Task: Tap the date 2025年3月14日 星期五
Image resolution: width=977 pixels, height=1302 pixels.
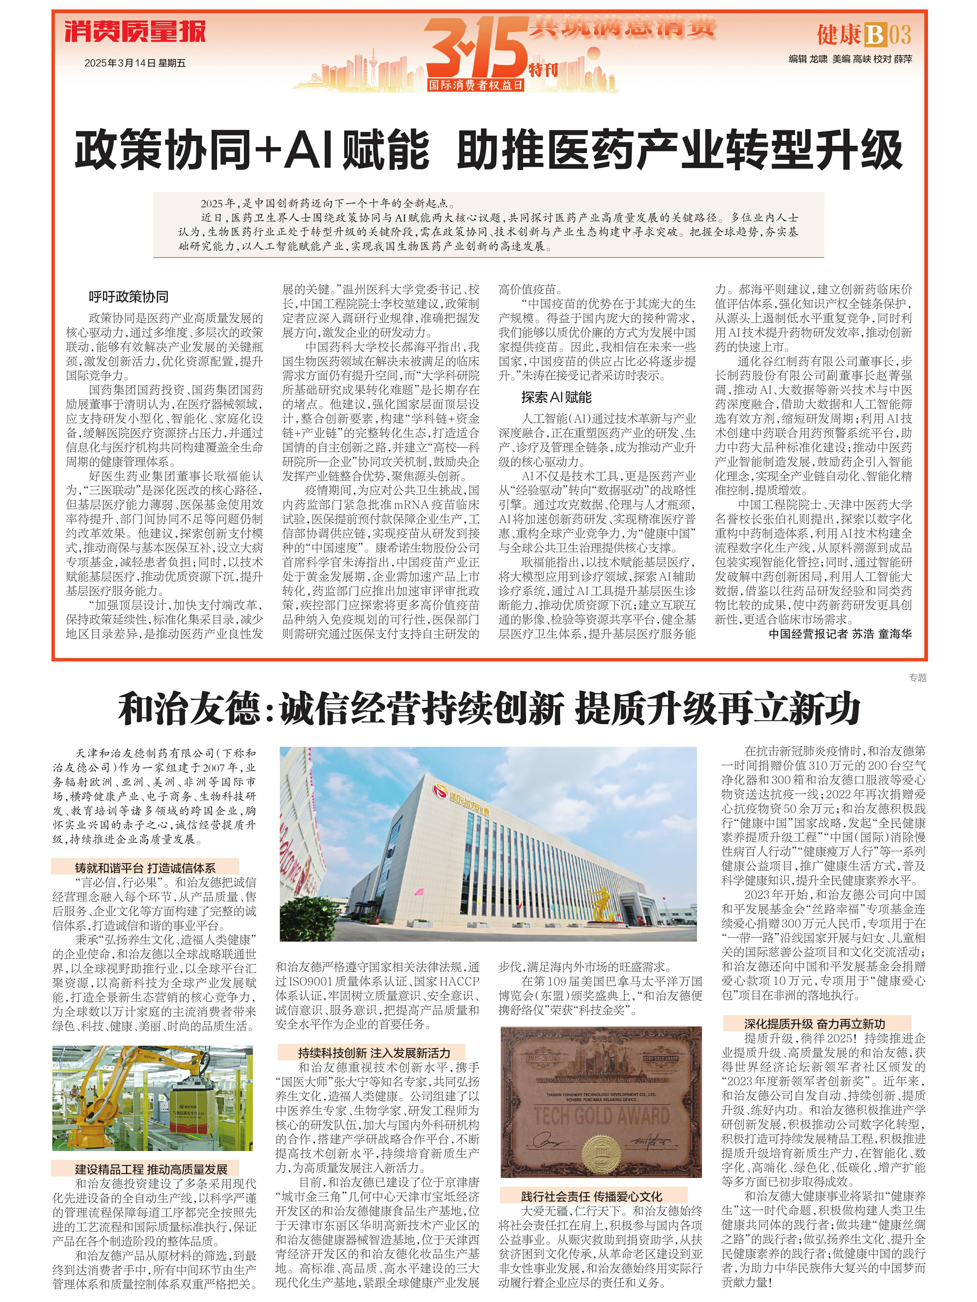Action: point(135,63)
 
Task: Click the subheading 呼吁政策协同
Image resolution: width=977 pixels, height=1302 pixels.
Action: point(128,297)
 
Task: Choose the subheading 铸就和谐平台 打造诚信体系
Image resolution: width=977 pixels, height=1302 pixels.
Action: point(145,867)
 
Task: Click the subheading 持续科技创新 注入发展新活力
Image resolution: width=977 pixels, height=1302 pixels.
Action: point(373,1053)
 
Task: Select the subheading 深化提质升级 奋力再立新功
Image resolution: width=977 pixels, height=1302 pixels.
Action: point(814,1024)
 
